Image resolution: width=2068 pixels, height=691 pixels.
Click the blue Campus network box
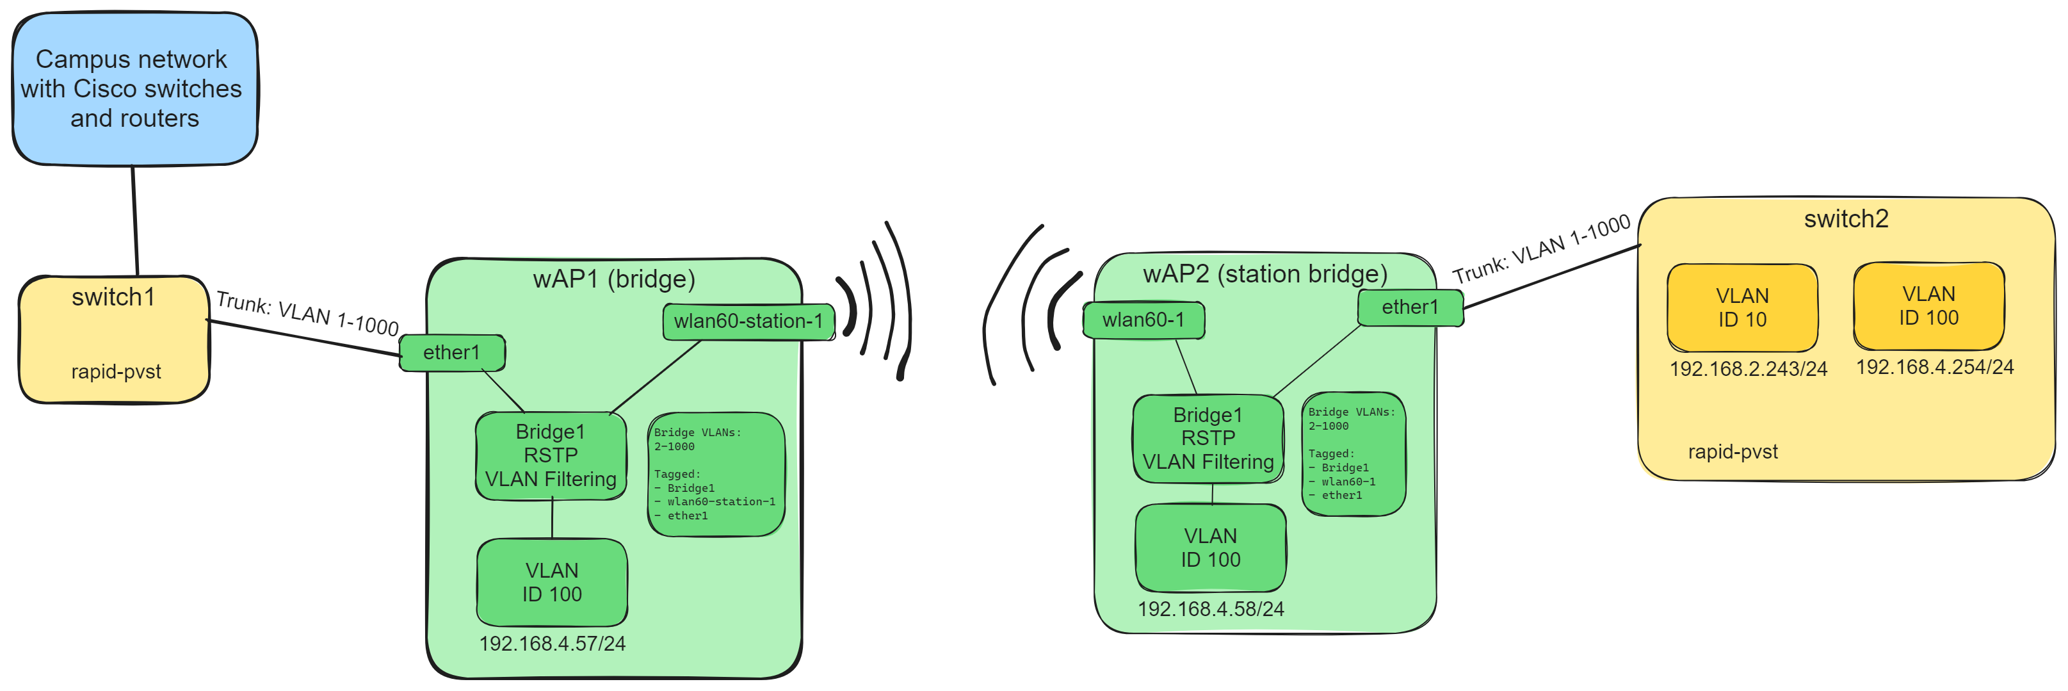click(134, 88)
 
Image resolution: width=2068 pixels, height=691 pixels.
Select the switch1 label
click(113, 297)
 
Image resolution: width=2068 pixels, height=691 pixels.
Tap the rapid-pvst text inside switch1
click(116, 371)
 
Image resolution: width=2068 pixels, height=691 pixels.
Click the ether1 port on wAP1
click(452, 352)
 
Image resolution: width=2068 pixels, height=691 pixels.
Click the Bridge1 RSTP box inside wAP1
click(551, 455)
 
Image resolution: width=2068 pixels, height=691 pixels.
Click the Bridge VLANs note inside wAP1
click(715, 473)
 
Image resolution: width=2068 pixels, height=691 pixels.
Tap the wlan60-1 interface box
click(1143, 320)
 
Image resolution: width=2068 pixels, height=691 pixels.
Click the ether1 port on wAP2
click(1410, 307)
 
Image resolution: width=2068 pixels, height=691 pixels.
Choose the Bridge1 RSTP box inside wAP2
click(1208, 438)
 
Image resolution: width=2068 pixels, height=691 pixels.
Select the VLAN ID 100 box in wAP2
click(1210, 548)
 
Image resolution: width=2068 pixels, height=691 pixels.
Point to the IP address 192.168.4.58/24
click(1210, 609)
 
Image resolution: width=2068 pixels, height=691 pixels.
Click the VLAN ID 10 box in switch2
click(1741, 307)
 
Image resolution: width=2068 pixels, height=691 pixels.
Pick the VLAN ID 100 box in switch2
click(1928, 305)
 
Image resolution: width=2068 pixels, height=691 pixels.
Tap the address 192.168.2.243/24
click(1748, 368)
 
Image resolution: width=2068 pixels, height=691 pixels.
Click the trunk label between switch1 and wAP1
click(307, 313)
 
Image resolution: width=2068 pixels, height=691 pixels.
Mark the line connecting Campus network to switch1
click(135, 221)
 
